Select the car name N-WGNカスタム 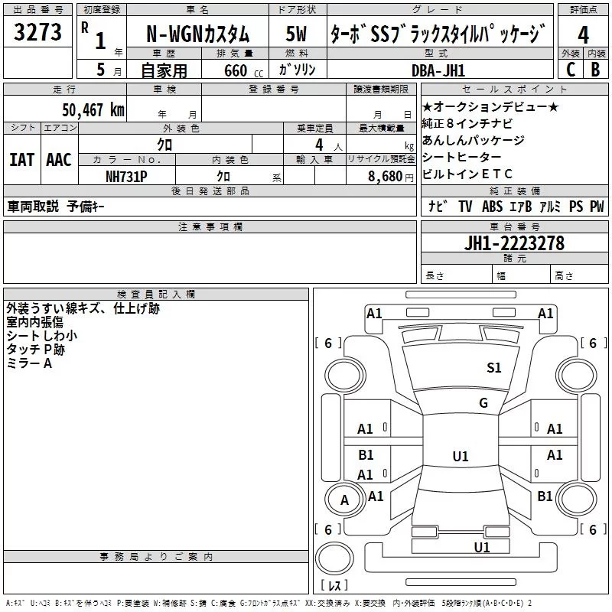pyautogui.click(x=197, y=34)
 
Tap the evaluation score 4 pyautogui.click(x=583, y=34)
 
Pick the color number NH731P pyautogui.click(x=127, y=175)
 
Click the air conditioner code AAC pyautogui.click(x=58, y=160)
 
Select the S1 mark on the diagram pyautogui.click(x=494, y=368)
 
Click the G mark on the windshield pyautogui.click(x=483, y=403)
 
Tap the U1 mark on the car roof pyautogui.click(x=460, y=457)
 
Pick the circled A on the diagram pyautogui.click(x=344, y=500)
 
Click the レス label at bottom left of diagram pyautogui.click(x=334, y=585)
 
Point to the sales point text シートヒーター pyautogui.click(x=461, y=157)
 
